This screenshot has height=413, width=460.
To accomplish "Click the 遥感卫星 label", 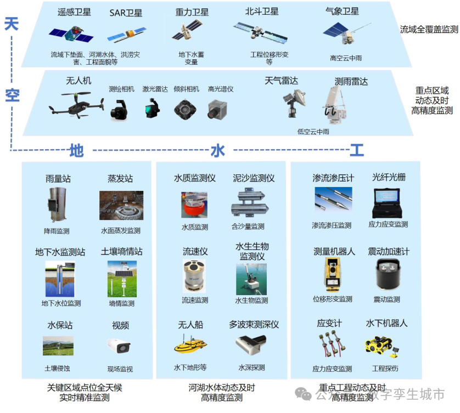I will (75, 12).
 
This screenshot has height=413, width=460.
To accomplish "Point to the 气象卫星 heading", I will (342, 11).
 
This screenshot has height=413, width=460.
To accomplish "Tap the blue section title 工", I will (357, 150).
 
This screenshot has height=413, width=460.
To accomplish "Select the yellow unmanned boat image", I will (190, 346).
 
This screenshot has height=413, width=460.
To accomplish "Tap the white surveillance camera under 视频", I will (119, 346).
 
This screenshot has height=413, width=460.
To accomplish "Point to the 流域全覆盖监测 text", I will (428, 30).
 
